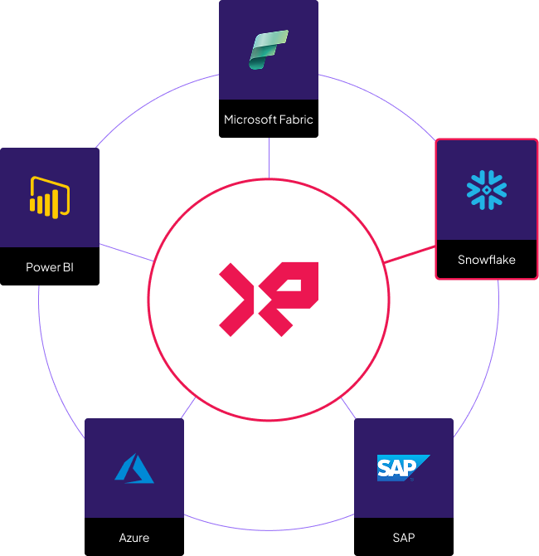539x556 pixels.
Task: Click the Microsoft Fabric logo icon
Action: (269, 50)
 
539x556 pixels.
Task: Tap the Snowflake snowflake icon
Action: (487, 190)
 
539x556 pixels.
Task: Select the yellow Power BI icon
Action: (49, 198)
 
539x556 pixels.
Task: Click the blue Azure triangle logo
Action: (134, 468)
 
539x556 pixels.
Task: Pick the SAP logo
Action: (404, 468)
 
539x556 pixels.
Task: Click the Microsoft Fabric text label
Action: (269, 119)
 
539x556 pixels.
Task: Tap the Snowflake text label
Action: (487, 260)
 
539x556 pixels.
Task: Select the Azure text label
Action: (134, 538)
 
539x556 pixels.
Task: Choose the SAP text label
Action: (404, 538)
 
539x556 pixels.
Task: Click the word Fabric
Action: (296, 119)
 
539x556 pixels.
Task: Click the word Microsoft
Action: (250, 119)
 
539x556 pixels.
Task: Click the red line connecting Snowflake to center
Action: (410, 255)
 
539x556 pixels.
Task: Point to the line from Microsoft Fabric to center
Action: (269, 158)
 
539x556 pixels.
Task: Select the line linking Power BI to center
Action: (126, 253)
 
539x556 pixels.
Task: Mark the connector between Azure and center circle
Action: (188, 409)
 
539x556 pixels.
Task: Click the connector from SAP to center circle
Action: (348, 408)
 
